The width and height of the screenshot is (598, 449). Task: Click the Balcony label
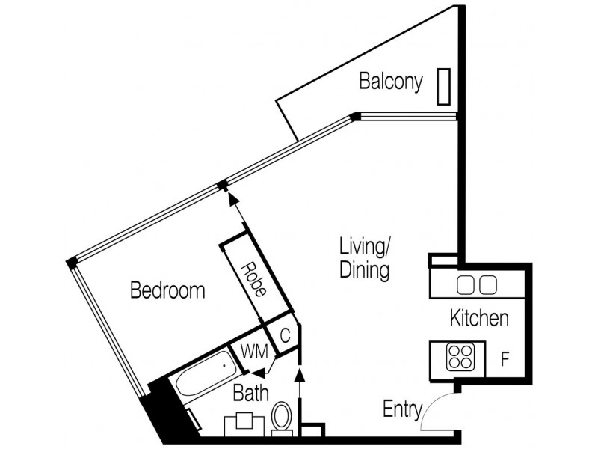[x=391, y=81]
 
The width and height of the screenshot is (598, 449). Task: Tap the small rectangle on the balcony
[x=444, y=85]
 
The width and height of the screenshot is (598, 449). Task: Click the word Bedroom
[x=167, y=290]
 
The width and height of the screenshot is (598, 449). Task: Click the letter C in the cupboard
[x=285, y=336]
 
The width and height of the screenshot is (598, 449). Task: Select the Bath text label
[x=248, y=391]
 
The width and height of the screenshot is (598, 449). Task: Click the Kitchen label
[x=478, y=318]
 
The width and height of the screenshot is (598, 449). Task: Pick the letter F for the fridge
[x=505, y=358]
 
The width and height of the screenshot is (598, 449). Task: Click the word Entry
[x=401, y=409]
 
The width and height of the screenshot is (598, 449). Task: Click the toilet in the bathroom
[x=282, y=418]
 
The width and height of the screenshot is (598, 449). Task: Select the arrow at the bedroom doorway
[x=231, y=197]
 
